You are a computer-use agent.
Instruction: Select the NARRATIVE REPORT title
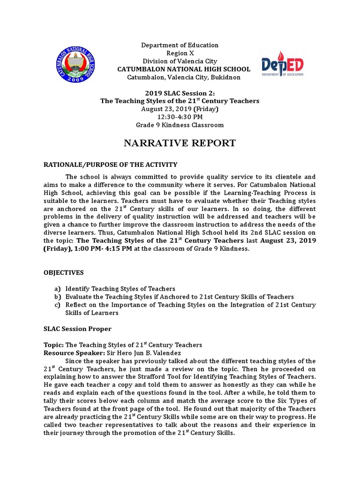(180, 143)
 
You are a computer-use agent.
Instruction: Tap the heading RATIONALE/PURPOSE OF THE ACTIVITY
(111, 165)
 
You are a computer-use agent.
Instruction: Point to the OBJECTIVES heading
(64, 272)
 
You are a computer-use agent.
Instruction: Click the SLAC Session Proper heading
(77, 329)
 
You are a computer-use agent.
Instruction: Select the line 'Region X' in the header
(180, 53)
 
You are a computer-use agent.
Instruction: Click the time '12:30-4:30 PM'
(180, 117)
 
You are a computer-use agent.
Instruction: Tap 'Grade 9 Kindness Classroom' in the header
(180, 125)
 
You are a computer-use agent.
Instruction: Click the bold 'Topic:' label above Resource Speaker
(53, 345)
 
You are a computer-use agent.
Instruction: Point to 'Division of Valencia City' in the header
(180, 61)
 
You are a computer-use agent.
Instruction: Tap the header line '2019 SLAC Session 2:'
(180, 93)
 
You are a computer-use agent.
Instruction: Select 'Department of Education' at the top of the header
(180, 45)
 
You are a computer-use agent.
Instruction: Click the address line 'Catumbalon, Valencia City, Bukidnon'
(180, 77)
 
